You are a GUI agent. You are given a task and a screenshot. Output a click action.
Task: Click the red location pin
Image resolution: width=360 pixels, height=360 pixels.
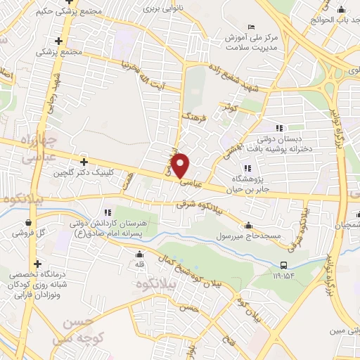(x=181, y=165)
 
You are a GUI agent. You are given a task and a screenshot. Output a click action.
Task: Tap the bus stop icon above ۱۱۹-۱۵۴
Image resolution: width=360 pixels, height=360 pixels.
(x=283, y=265)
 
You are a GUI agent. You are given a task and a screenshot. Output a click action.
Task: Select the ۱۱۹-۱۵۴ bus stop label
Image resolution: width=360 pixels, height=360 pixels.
(x=283, y=276)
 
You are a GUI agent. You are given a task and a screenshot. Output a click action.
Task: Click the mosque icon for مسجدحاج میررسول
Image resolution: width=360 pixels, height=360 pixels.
(x=250, y=226)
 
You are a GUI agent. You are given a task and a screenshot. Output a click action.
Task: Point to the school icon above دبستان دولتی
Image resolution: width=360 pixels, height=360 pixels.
(x=279, y=127)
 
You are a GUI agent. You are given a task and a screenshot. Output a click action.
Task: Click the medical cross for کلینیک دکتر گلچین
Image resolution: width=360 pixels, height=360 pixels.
(x=84, y=162)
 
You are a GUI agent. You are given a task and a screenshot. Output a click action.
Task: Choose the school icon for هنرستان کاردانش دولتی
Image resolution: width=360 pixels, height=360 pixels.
(x=107, y=211)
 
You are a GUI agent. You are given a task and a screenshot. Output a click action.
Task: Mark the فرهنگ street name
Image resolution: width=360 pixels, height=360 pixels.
(x=192, y=117)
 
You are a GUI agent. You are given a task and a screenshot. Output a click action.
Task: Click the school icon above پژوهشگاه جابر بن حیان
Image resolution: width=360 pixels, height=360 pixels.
(x=247, y=167)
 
